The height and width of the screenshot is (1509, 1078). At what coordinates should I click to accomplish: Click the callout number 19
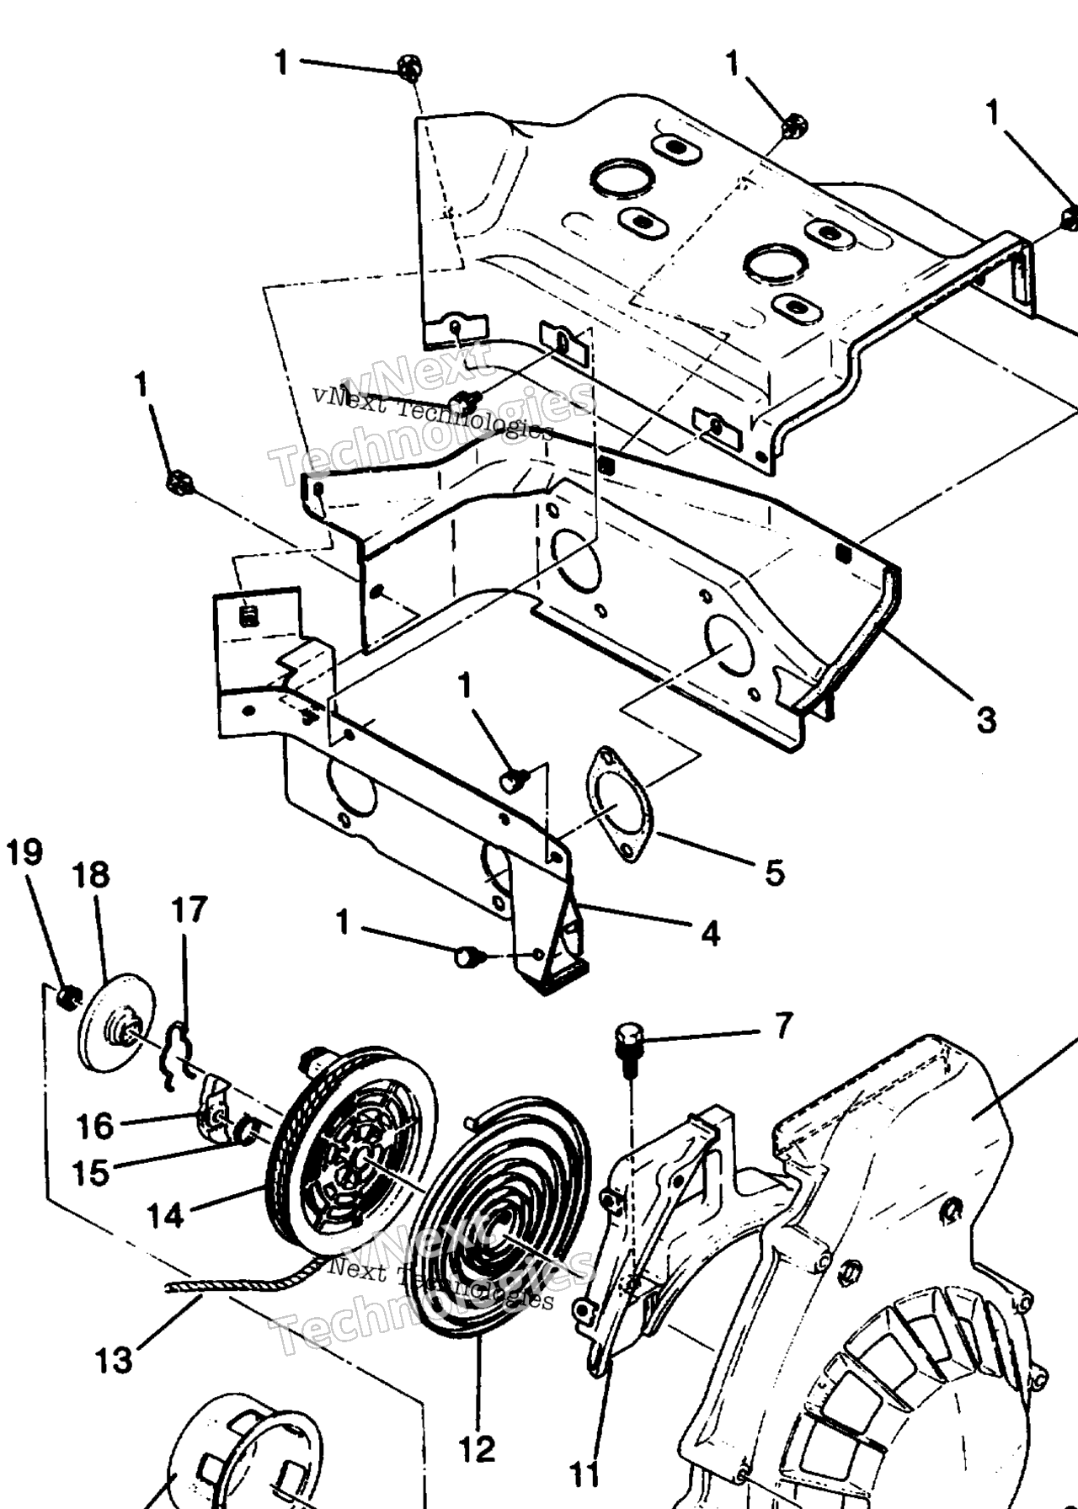point(24,853)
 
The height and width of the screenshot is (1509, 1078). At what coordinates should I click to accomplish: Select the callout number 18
point(91,875)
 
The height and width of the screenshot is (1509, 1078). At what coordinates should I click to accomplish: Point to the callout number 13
point(115,1359)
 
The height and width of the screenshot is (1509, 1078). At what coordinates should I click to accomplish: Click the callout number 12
point(477,1449)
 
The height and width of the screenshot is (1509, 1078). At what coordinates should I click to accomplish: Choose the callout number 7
point(783,1026)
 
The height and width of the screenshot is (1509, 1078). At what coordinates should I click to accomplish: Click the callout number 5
point(774,872)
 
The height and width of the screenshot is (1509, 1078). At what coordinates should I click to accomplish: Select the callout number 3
point(986,720)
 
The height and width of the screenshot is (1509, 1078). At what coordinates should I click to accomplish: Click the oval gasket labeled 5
point(620,804)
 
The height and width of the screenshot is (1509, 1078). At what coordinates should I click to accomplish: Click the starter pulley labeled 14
point(352,1138)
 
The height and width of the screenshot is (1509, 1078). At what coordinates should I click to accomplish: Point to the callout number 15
point(91,1172)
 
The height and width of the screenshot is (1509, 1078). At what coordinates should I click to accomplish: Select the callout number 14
point(165,1215)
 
